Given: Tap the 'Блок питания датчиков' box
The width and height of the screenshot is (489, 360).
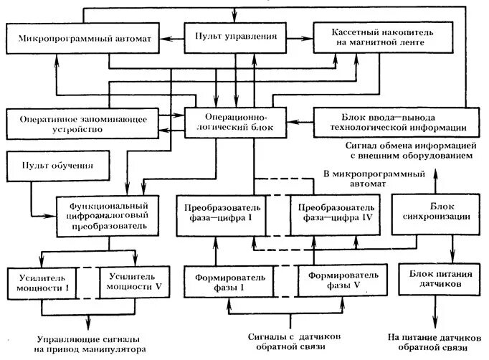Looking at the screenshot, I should click(x=435, y=279).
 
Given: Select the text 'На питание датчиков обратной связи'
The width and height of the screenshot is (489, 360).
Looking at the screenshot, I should click(x=435, y=342).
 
